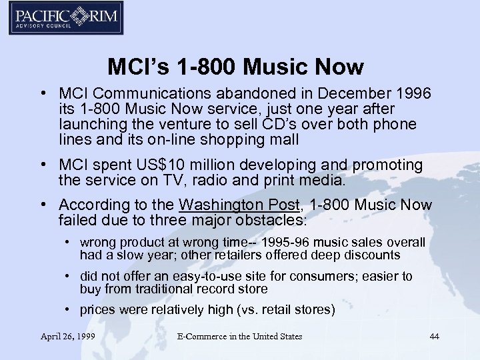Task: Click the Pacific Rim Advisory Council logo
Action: point(65,18)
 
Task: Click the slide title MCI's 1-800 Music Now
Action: point(235,67)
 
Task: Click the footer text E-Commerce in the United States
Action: point(240,337)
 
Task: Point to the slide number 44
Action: point(435,337)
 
